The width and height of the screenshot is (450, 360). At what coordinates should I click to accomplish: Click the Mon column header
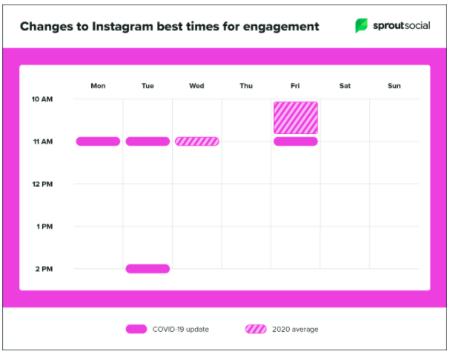coord(98,86)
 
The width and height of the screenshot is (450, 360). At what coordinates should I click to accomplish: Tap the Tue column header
coord(148,86)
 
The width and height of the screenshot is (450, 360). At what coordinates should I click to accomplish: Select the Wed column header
coord(196,86)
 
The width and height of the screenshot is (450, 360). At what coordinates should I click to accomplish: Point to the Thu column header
coord(246,86)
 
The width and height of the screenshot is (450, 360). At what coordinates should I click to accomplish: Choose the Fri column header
coord(295,86)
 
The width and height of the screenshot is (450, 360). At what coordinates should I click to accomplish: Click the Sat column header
coord(345,86)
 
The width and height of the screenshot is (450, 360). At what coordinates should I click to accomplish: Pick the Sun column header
coord(394,86)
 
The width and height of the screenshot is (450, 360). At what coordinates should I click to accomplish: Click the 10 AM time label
coord(42,99)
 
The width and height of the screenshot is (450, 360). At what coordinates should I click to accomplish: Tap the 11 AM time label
coord(42,141)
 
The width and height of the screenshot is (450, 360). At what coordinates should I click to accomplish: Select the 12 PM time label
coord(42,184)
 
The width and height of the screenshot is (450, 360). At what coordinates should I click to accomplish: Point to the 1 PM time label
coord(44,226)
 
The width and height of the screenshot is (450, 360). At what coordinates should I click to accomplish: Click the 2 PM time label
coord(44,269)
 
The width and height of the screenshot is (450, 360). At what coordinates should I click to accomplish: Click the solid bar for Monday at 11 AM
coord(98,141)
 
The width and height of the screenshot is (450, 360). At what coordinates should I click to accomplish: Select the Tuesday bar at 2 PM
coord(148,269)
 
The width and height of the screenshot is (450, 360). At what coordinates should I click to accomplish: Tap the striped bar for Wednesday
coord(196,141)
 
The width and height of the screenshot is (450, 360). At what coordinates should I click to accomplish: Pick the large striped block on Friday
coord(295,118)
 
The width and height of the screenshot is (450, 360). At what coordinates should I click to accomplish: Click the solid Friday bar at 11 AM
coord(295,141)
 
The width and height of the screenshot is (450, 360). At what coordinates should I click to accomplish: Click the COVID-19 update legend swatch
coord(136,329)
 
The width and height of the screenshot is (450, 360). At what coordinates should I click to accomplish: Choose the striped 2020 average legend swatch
coord(256,329)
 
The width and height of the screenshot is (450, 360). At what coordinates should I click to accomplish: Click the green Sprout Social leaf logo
coord(361,26)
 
